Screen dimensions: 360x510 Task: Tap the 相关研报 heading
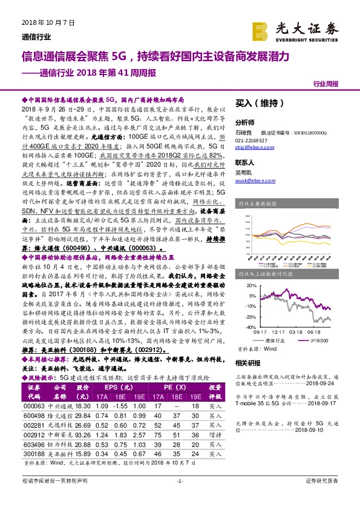click(x=247, y=362)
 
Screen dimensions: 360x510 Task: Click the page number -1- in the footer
click(x=180, y=497)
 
